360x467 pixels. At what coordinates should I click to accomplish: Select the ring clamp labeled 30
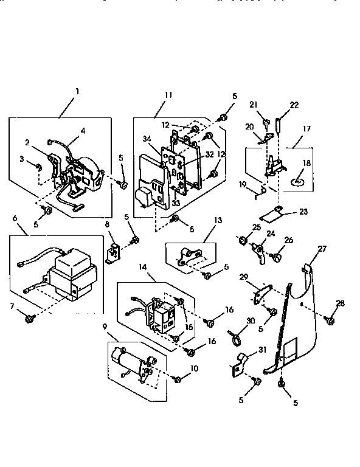coord(234,334)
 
